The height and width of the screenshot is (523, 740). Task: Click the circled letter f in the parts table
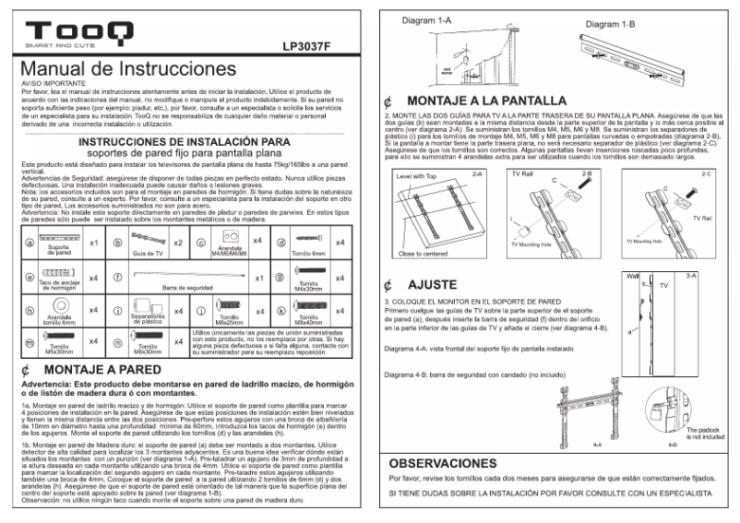117,277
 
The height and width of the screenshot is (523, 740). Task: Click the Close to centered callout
423,252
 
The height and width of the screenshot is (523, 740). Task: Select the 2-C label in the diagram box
709,172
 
